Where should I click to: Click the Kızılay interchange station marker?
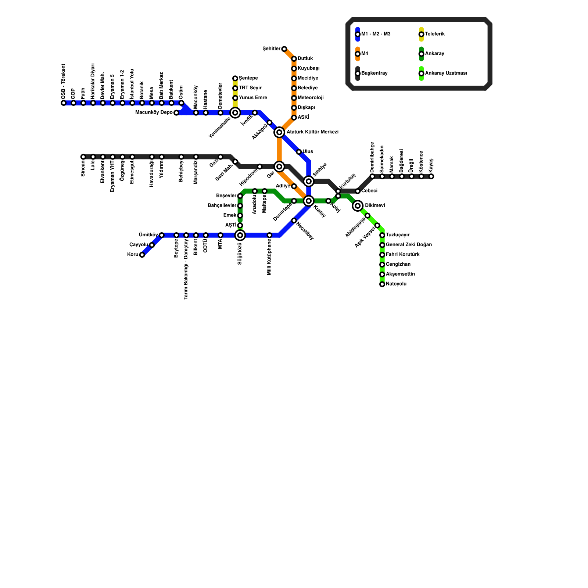click(309, 201)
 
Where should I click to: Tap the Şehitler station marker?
click(284, 49)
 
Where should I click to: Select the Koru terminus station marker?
click(142, 255)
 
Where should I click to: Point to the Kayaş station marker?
click(431, 176)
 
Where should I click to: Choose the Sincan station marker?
click(83, 157)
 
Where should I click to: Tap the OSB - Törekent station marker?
click(64, 103)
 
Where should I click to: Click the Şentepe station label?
click(248, 78)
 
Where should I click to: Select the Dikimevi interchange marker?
click(358, 206)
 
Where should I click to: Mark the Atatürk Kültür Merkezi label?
click(312, 132)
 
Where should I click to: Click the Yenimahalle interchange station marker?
click(235, 113)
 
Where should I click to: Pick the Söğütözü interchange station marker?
click(240, 235)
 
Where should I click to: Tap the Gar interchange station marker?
click(279, 167)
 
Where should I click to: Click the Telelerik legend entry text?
click(435, 34)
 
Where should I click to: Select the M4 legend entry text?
click(365, 54)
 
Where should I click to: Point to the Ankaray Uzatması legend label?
click(446, 73)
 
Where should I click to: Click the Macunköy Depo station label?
click(154, 112)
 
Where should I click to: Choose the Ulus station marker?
click(299, 152)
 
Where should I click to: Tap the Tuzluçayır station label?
click(398, 235)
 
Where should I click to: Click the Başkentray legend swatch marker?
click(358, 73)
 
